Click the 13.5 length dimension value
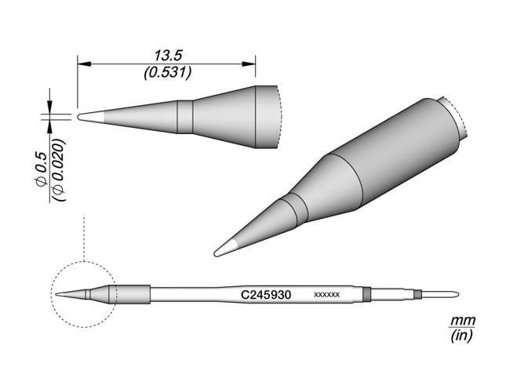(166, 56)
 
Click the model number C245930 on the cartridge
(266, 295)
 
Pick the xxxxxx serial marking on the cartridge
(326, 295)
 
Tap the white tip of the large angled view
(224, 249)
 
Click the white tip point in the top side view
(88, 116)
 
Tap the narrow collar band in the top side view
(184, 116)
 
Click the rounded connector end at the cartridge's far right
(452, 295)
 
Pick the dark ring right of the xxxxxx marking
(367, 295)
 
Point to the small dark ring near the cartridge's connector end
(418, 295)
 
